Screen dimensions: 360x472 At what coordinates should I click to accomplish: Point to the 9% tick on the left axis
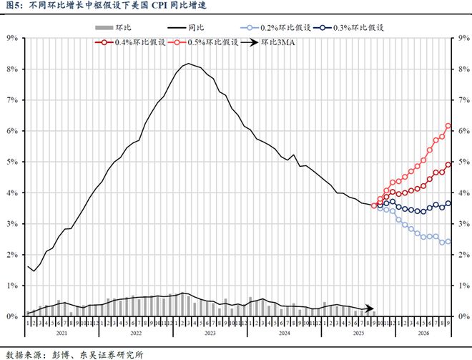pyautogui.click(x=12, y=38)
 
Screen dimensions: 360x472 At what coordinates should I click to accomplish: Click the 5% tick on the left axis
pyautogui.click(x=12, y=162)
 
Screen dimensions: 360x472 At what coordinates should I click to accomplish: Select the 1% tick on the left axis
pyautogui.click(x=12, y=286)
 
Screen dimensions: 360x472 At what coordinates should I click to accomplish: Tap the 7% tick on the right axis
pyautogui.click(x=463, y=100)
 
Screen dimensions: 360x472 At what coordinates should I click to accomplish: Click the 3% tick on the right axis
pyautogui.click(x=463, y=224)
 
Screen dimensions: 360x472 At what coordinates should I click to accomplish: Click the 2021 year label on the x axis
pyautogui.click(x=60, y=333)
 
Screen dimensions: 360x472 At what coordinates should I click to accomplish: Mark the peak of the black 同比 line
pyautogui.click(x=187, y=64)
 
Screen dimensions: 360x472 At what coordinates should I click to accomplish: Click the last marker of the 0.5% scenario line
pyautogui.click(x=448, y=126)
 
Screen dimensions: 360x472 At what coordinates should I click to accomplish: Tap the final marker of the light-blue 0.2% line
pyautogui.click(x=448, y=241)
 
